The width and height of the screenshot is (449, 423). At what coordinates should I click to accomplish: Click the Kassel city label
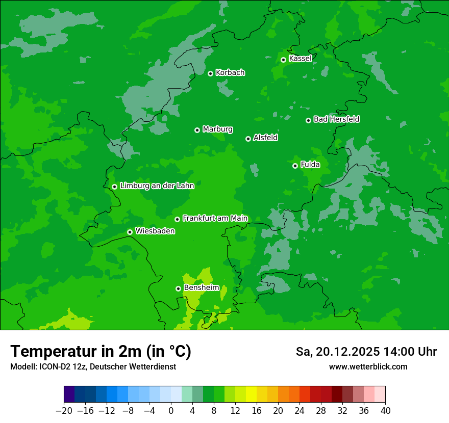point(300,59)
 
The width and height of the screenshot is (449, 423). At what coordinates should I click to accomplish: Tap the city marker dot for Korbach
point(210,73)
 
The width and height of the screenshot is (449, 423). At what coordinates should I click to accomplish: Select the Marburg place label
point(217,129)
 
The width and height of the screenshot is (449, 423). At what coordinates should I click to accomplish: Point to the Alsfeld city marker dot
point(248,139)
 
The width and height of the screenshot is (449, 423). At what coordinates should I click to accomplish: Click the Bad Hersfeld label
point(336,119)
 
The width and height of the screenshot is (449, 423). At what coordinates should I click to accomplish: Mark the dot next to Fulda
point(295,166)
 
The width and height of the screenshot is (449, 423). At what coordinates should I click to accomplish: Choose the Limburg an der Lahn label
point(157,186)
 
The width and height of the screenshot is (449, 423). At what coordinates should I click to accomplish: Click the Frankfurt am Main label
point(215,219)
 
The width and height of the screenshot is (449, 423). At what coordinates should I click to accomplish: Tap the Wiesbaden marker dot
point(130,232)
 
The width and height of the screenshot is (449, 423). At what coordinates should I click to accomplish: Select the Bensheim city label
point(201,288)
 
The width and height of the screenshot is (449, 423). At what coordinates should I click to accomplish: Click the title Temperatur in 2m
point(101,352)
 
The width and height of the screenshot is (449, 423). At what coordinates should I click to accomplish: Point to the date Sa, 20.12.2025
point(337,352)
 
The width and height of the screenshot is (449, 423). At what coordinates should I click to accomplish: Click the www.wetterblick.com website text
point(368,367)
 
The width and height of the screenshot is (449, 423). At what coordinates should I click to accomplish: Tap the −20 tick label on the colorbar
point(64,411)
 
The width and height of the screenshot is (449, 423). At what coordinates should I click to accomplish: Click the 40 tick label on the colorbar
point(385,411)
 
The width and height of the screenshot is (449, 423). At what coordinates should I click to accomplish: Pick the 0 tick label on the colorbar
point(171,411)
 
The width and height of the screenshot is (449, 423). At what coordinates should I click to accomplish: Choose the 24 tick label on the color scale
point(300,411)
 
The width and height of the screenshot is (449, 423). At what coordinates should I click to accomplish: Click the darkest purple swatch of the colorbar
point(69,394)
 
